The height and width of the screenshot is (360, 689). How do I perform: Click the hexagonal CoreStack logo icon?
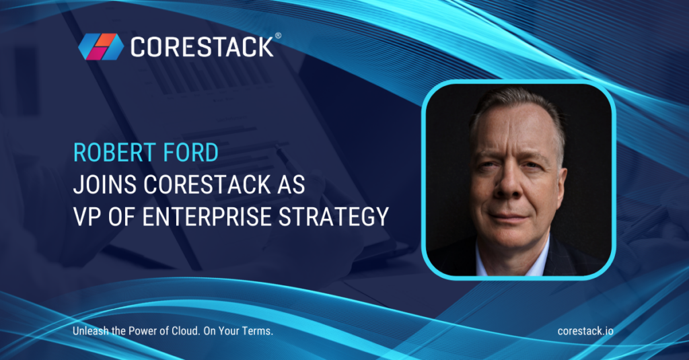click(x=100, y=46)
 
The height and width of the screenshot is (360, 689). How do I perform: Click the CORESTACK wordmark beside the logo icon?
click(x=201, y=47)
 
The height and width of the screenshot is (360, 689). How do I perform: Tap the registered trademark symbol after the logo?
click(x=278, y=37)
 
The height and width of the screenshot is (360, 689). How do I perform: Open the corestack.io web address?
click(x=585, y=331)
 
